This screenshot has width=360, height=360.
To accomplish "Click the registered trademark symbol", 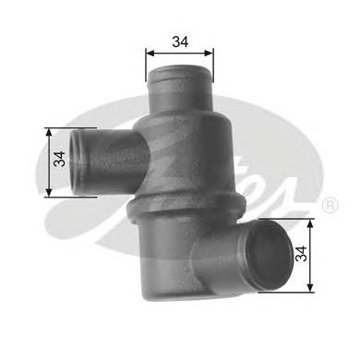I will coord(330,206).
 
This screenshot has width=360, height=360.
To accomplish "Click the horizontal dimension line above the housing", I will coord(181,54).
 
